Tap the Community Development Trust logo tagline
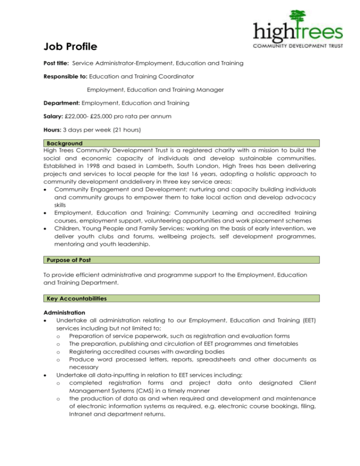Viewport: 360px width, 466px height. pos(298,46)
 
